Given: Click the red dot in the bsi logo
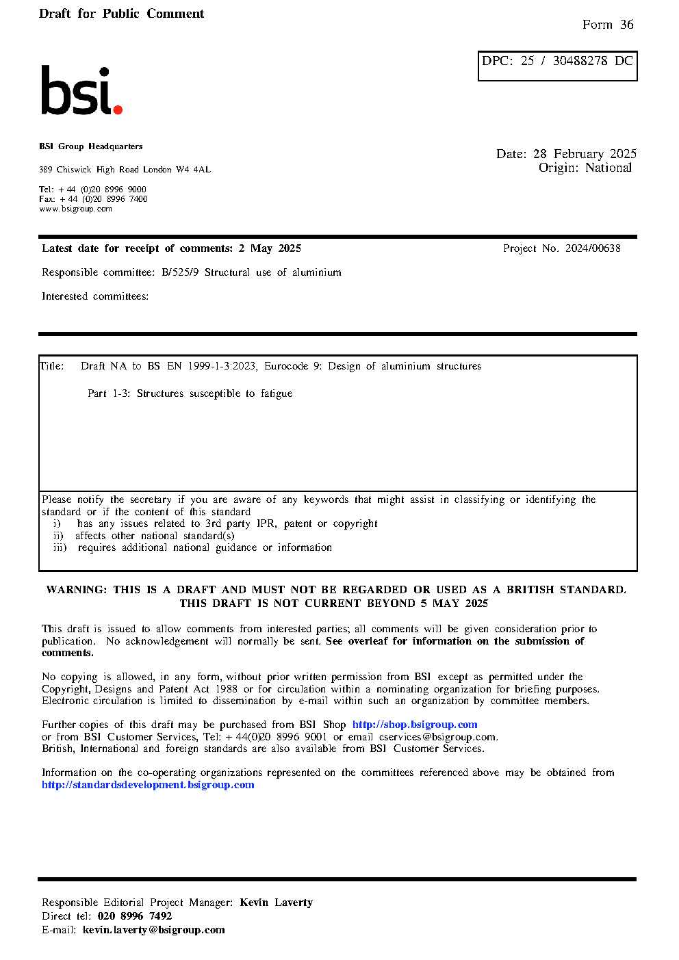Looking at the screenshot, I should point(118,109).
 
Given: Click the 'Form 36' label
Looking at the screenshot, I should point(608,25).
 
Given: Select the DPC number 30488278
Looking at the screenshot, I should point(580,61).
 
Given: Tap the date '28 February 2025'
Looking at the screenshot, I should point(585,154).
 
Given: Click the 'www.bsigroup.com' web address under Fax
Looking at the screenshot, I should point(75,209).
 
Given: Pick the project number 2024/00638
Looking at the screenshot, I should point(593,248).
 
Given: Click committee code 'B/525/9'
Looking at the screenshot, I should point(180,272).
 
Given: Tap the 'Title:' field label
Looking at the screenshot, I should point(52,366).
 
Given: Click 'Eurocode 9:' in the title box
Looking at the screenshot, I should point(293,366).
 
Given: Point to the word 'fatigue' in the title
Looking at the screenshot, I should point(276,393).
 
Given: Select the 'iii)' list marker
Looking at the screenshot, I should point(60,547).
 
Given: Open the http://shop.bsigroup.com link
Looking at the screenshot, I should point(415,725).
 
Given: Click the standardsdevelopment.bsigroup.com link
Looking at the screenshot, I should point(148,785).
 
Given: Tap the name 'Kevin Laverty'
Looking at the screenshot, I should point(276,903).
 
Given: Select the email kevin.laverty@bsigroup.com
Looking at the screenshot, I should point(153,930).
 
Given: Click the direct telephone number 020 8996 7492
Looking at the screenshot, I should point(135,916).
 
